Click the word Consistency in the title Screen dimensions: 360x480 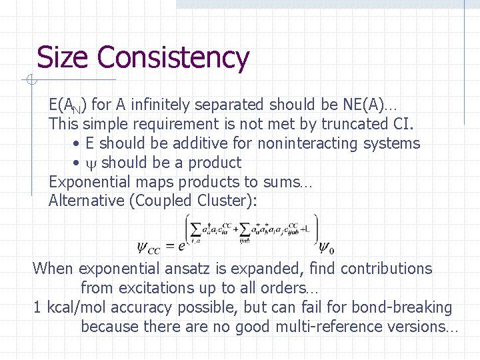(174, 59)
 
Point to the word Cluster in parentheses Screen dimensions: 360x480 (225, 201)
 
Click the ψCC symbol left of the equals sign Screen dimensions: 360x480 (149, 247)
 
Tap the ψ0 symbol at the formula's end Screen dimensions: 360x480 (326, 247)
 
